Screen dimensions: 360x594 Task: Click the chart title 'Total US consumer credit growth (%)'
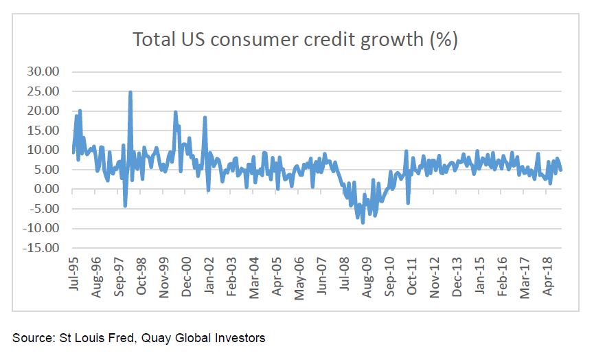point(295,40)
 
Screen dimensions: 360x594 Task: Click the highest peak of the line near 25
point(130,91)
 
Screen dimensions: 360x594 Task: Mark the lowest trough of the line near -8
point(363,223)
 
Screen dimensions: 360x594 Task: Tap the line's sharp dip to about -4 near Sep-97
point(125,205)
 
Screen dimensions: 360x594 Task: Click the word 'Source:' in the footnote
point(31,337)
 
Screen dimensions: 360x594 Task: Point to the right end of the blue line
point(561,170)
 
